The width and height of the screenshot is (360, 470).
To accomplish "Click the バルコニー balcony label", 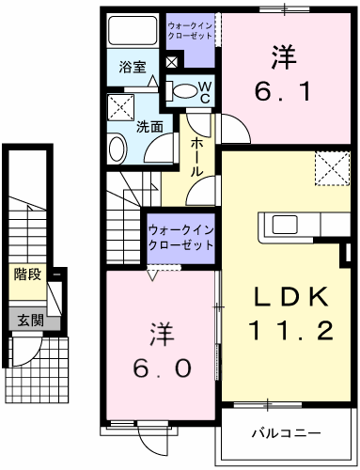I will click(x=286, y=434).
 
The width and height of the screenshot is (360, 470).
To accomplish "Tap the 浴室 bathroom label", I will click(x=132, y=68).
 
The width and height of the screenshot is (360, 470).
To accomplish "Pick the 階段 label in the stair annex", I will click(x=26, y=274).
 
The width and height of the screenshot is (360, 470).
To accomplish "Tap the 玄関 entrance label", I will click(x=26, y=319).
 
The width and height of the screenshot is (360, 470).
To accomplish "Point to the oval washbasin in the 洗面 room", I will click(x=117, y=148).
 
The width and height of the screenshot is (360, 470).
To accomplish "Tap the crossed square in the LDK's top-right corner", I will click(x=328, y=168).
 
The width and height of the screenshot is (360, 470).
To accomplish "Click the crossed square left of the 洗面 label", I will click(x=119, y=105).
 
